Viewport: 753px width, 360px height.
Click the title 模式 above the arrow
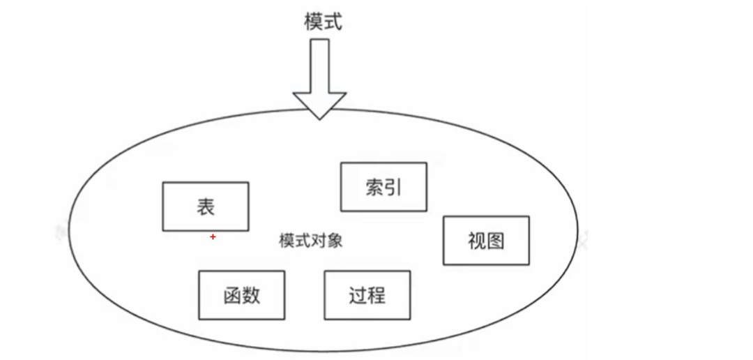click(324, 22)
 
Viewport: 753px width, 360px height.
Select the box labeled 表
click(206, 207)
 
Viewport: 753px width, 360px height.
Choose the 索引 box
click(383, 187)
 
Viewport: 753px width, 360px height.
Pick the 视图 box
click(486, 241)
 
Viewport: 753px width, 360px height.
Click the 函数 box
click(242, 295)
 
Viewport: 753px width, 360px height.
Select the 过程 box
click(367, 295)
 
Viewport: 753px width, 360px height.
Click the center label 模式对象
click(310, 241)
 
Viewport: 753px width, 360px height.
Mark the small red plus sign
click(213, 237)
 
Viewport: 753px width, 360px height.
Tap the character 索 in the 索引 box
click(374, 187)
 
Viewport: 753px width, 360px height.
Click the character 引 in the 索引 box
click(393, 187)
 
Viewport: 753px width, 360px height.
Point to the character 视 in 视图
click(477, 241)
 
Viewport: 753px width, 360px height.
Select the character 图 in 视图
click(495, 241)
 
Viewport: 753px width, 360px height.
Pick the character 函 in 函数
click(233, 295)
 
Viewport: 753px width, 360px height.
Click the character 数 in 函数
click(251, 295)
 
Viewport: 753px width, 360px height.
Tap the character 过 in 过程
click(358, 295)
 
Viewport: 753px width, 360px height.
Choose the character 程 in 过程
click(376, 295)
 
